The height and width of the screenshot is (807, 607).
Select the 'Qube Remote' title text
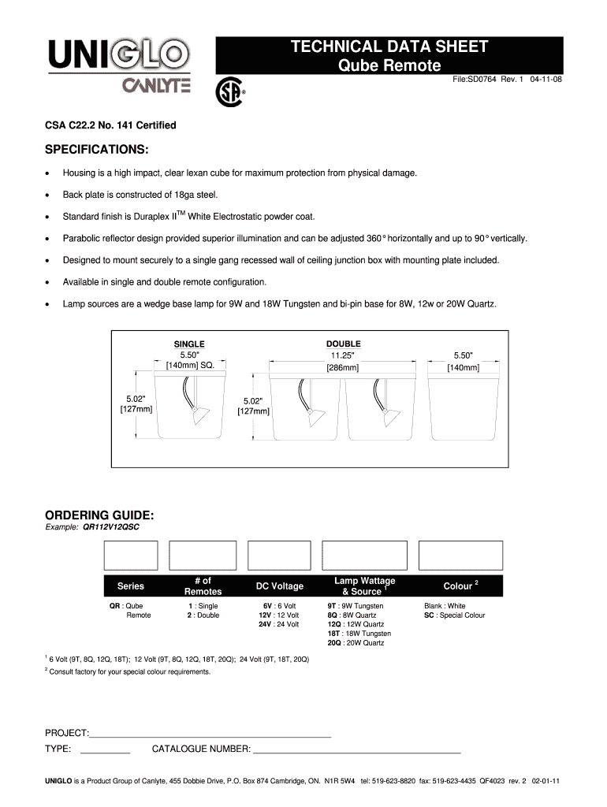pyautogui.click(x=389, y=65)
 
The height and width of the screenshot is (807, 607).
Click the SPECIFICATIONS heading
pyautogui.click(x=96, y=150)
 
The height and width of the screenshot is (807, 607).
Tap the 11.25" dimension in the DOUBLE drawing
pyautogui.click(x=343, y=355)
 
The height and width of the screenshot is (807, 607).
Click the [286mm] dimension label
pyautogui.click(x=343, y=367)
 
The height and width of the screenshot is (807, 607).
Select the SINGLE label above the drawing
pyautogui.click(x=189, y=344)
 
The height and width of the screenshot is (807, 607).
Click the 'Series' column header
pyautogui.click(x=131, y=586)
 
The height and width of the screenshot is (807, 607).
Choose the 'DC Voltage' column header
pyautogui.click(x=279, y=586)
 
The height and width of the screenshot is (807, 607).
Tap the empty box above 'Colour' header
pyautogui.click(x=460, y=556)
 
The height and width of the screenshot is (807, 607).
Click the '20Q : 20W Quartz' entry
pyautogui.click(x=356, y=643)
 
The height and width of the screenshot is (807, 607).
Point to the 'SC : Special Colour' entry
pyautogui.click(x=454, y=615)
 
